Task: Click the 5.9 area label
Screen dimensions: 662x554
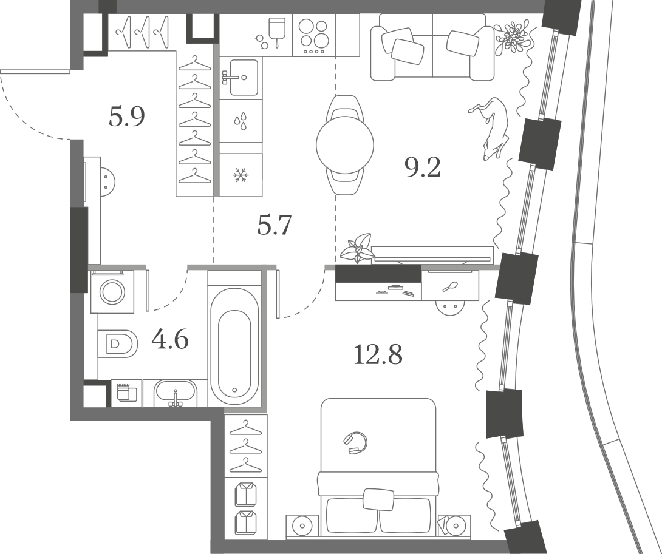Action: [x=127, y=117]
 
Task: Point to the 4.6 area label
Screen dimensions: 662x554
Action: [x=170, y=340]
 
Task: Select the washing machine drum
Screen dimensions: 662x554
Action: [x=112, y=291]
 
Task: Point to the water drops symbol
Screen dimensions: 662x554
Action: [x=241, y=121]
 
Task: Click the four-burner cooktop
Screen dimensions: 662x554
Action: [x=313, y=35]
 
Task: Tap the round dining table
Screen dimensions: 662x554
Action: [x=345, y=145]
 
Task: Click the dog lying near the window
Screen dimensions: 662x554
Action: [x=490, y=127]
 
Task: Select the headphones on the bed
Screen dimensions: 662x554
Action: [x=355, y=442]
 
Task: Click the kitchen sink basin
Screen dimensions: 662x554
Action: [x=244, y=78]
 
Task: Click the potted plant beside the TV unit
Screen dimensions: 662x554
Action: [x=357, y=249]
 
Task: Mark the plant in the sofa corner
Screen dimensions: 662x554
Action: [x=511, y=38]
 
